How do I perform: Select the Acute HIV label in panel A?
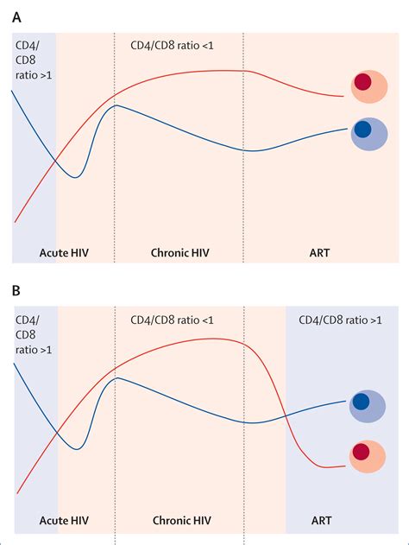point(65,253)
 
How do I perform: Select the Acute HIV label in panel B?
point(65,521)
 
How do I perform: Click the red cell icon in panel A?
point(368,85)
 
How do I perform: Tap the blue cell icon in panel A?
point(368,133)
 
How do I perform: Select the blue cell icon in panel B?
point(368,403)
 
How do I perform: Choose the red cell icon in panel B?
point(368,453)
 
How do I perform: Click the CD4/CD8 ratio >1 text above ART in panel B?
point(340,321)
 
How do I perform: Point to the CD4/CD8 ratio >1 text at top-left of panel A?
point(32,61)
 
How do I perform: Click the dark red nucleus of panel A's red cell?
point(363,82)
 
